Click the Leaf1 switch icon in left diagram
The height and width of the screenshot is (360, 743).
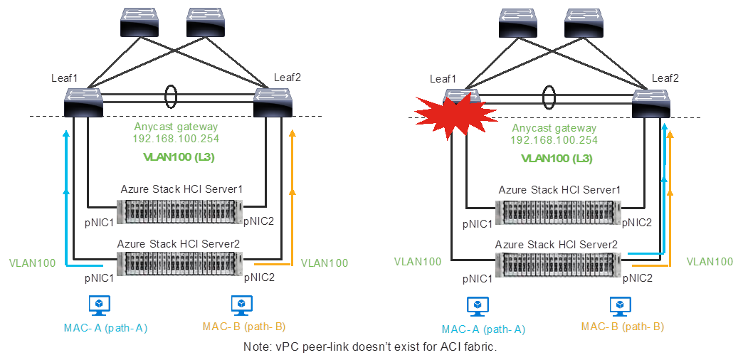pos(83,102)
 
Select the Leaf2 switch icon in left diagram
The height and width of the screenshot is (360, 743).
pos(272,102)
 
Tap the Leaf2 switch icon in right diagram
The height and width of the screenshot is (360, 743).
pos(650,104)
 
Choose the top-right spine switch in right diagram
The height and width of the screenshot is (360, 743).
pos(584,23)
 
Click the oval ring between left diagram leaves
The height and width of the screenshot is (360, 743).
pos(171,96)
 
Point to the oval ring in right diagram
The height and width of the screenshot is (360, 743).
pos(549,96)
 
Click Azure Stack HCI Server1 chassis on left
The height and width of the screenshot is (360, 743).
pos(181,211)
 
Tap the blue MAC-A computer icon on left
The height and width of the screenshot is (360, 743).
pos(99,305)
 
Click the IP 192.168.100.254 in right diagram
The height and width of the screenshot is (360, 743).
pos(554,140)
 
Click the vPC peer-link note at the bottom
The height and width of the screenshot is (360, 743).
pos(369,347)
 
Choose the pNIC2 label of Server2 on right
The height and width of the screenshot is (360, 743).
pos(638,278)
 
